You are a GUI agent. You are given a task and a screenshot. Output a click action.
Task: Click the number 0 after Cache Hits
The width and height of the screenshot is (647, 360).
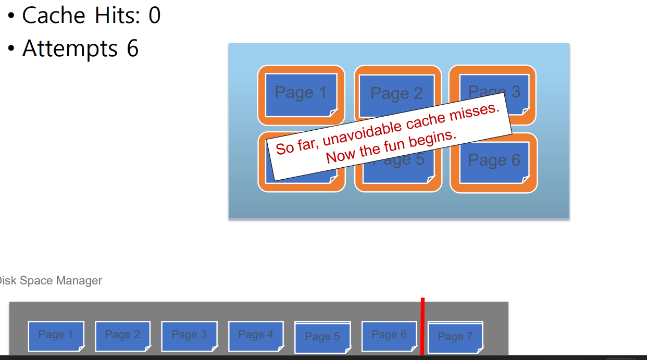(154, 15)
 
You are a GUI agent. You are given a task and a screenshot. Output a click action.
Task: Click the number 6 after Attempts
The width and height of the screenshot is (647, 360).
(132, 48)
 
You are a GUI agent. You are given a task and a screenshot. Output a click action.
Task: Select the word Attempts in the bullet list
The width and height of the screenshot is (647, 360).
(70, 49)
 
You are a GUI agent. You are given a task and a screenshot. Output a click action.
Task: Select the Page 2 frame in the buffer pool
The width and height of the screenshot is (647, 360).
(397, 94)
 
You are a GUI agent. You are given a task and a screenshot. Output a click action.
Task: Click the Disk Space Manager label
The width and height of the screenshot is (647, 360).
(51, 281)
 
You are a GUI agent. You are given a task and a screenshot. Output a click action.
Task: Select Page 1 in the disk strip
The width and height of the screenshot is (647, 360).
(56, 335)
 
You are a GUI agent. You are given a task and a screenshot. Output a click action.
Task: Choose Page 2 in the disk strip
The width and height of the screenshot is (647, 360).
(122, 335)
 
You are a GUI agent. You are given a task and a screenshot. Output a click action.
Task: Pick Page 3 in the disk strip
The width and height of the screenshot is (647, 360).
(189, 335)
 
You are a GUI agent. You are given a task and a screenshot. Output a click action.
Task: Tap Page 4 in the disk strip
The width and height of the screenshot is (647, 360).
(256, 335)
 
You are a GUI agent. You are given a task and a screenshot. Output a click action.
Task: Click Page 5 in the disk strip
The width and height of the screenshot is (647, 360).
(322, 337)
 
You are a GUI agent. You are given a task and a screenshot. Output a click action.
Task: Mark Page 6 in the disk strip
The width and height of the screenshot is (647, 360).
(389, 335)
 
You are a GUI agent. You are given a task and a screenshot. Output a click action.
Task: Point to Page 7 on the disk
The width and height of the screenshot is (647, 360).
(455, 337)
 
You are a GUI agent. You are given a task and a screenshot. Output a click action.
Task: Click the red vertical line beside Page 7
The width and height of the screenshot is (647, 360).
(422, 326)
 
